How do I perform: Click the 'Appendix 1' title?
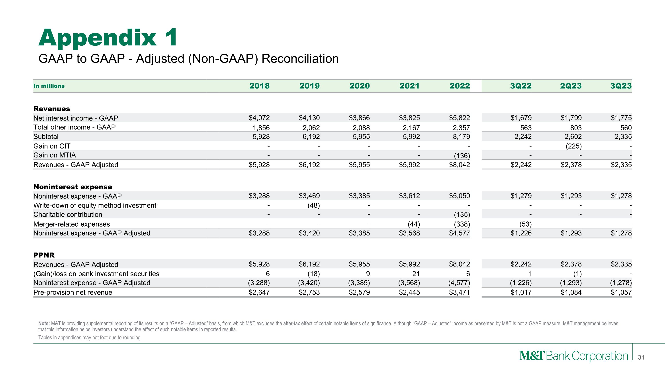pos(108,38)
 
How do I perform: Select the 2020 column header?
pos(359,86)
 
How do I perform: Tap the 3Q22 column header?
pos(521,86)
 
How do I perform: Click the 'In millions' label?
pos(49,86)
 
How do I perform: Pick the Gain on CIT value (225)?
pos(574,146)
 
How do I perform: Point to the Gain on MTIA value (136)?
pos(462,156)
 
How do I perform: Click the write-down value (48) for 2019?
pos(313,206)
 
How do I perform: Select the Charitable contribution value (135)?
pos(462,214)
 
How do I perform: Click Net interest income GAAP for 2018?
pos(259,118)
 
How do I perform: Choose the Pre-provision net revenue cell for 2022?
pos(460,292)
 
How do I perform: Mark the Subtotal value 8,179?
pos(461,137)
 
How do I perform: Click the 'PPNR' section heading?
pos(44,255)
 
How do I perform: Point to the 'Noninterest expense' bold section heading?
pos(73,187)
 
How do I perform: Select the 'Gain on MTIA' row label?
pos(55,155)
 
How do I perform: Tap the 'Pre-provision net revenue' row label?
pos(73,292)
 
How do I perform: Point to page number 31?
pos(641,357)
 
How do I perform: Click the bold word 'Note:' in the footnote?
pos(44,323)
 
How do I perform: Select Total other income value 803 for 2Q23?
pos(576,128)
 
